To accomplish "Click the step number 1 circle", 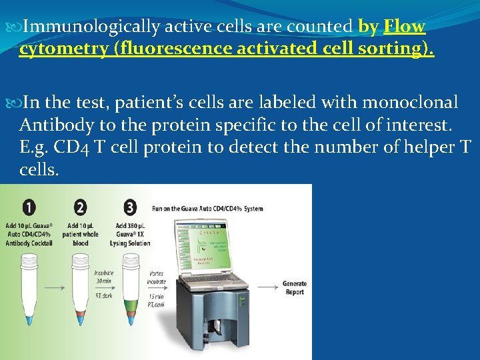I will (29, 208).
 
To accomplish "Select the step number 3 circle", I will (130, 208).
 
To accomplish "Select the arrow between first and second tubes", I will (56, 288).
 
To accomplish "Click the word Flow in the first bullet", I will (404, 27).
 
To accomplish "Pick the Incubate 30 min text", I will (103, 278).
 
